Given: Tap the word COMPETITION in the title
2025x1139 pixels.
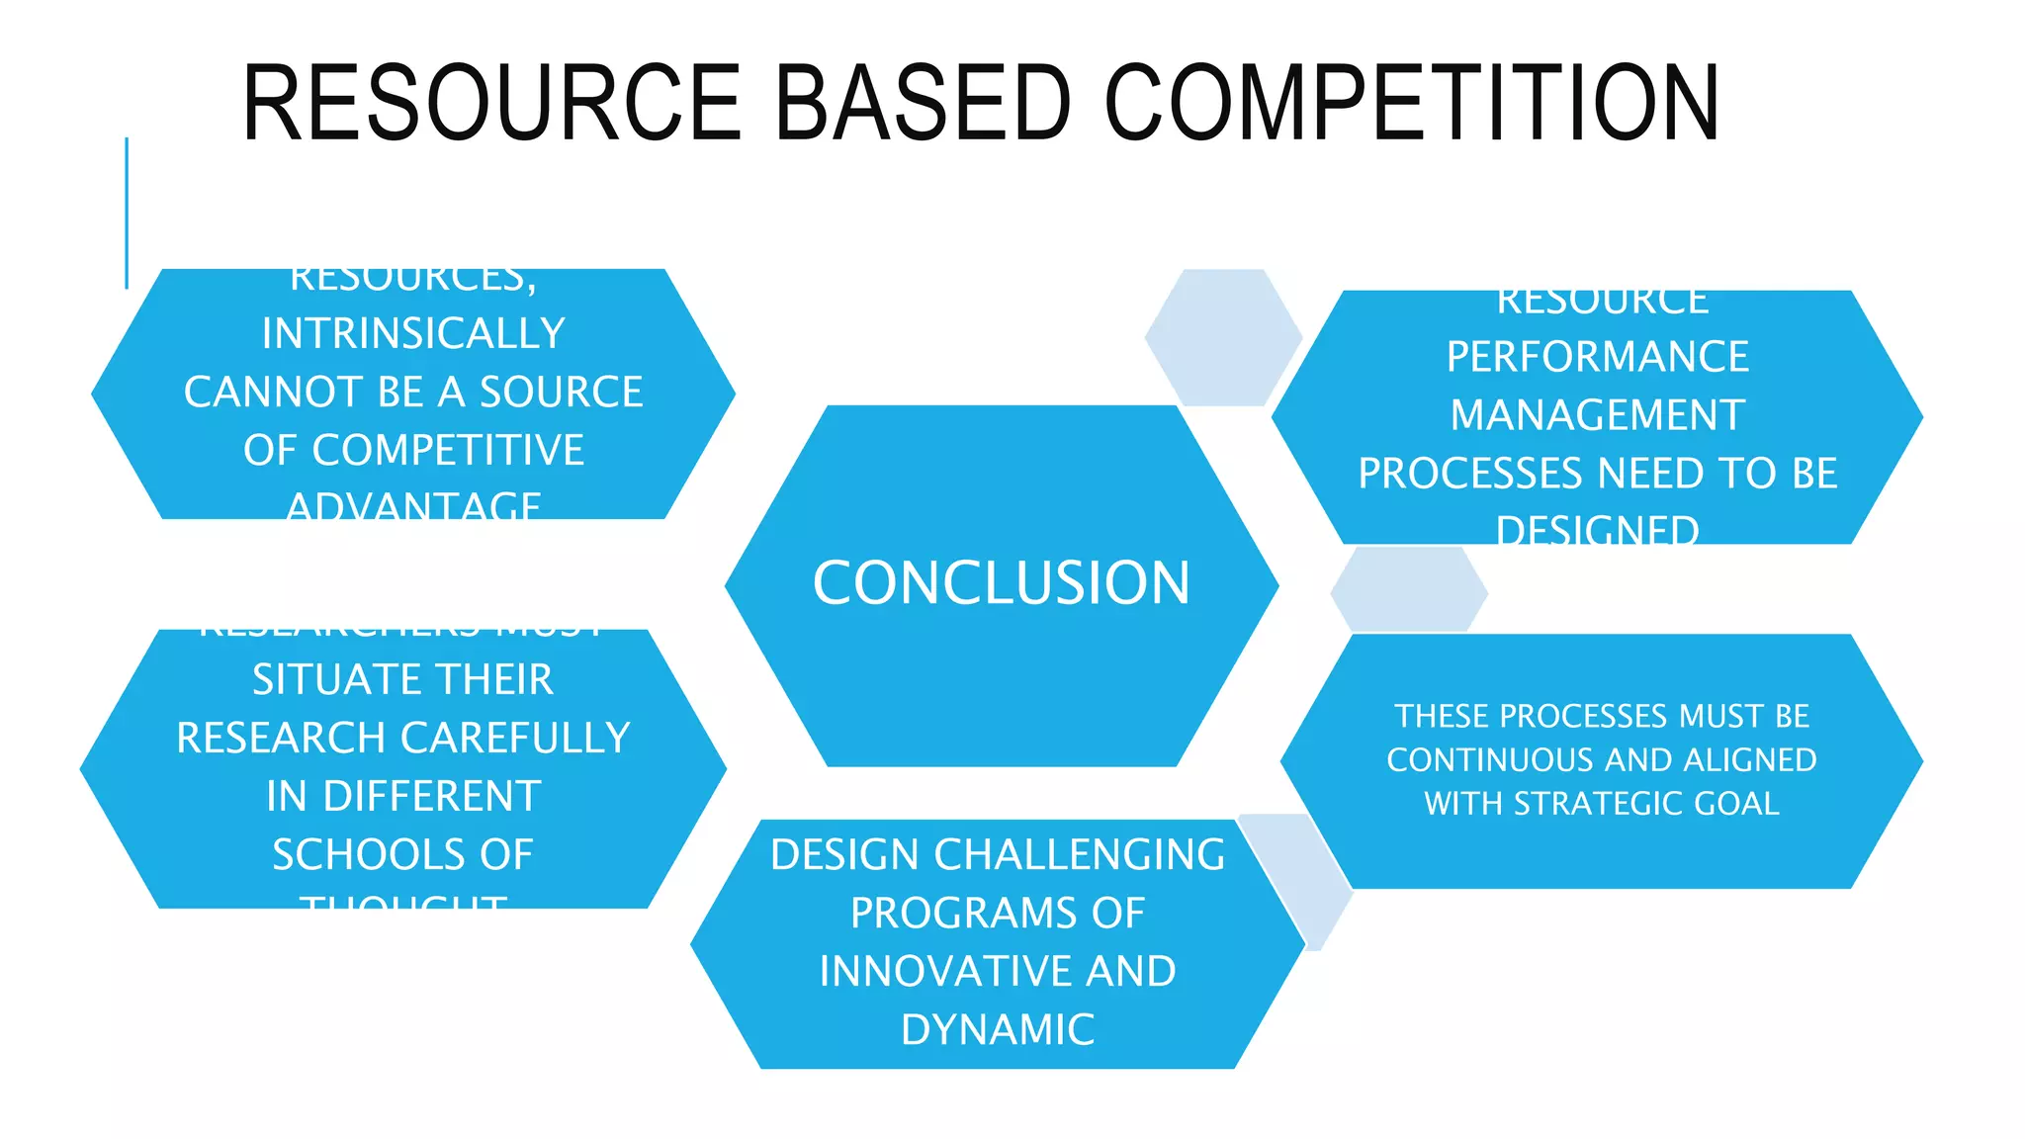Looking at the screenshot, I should click(x=1411, y=103).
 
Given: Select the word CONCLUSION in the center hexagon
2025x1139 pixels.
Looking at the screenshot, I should click(x=1001, y=582).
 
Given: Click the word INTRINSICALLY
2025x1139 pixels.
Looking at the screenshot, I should click(x=413, y=333).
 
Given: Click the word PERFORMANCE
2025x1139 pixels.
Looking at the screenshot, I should click(x=1597, y=357).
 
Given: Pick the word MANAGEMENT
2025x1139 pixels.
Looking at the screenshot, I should click(x=1597, y=415).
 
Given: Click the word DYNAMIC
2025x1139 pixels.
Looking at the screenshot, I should click(x=998, y=1030).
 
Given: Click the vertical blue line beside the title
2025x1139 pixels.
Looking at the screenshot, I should click(x=127, y=213).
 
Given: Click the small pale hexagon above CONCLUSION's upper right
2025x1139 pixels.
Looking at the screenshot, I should click(x=1223, y=337).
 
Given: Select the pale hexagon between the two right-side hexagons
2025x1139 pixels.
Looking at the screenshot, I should click(x=1408, y=590).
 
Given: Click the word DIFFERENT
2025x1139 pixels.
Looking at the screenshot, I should click(x=433, y=797).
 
